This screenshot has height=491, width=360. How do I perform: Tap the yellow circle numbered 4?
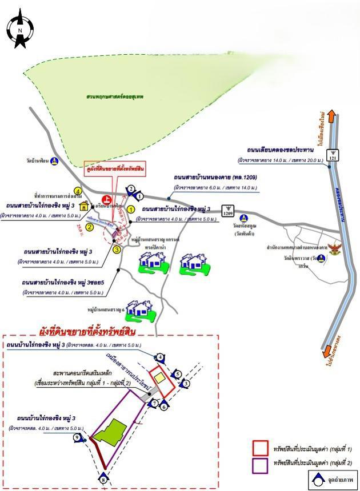point(78,191)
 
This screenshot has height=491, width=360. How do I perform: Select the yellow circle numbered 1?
point(131,210)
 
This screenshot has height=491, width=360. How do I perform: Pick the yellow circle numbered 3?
point(117,249)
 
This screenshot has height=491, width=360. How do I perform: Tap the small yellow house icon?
point(85,207)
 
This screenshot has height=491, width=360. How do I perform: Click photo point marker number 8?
point(103,478)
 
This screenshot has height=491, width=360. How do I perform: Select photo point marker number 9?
point(78,438)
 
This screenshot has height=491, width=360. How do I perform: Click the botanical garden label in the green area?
point(121,98)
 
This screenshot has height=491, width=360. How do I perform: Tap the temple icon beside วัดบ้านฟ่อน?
point(54,162)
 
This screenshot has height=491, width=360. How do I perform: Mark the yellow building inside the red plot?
point(162,377)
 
